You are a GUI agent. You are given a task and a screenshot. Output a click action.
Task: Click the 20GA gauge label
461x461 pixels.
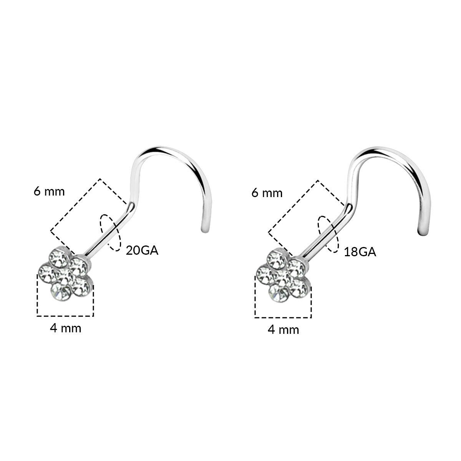[142, 250]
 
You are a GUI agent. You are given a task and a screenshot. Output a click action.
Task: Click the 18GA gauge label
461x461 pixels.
[360, 252]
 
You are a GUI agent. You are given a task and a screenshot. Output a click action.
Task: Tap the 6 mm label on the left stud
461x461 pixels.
[49, 191]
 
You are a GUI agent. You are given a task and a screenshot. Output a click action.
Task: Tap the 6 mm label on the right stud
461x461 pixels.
[267, 193]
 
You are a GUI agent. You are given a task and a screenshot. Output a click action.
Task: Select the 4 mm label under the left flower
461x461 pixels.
[66, 328]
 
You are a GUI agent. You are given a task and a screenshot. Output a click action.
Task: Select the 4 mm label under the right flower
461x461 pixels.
[284, 330]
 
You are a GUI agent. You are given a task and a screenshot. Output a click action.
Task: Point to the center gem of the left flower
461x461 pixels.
[65, 276]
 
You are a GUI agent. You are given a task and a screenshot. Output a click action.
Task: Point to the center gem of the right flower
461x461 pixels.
[282, 277]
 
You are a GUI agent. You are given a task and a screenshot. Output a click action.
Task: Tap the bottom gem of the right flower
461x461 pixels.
[279, 294]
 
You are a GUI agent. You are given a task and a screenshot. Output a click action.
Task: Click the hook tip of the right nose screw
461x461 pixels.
[423, 232]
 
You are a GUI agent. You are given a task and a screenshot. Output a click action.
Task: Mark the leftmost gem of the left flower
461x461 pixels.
[48, 273]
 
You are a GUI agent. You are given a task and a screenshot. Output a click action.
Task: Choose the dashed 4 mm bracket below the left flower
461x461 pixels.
[65, 316]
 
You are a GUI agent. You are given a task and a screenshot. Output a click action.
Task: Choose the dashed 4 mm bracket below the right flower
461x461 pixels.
[283, 318]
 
